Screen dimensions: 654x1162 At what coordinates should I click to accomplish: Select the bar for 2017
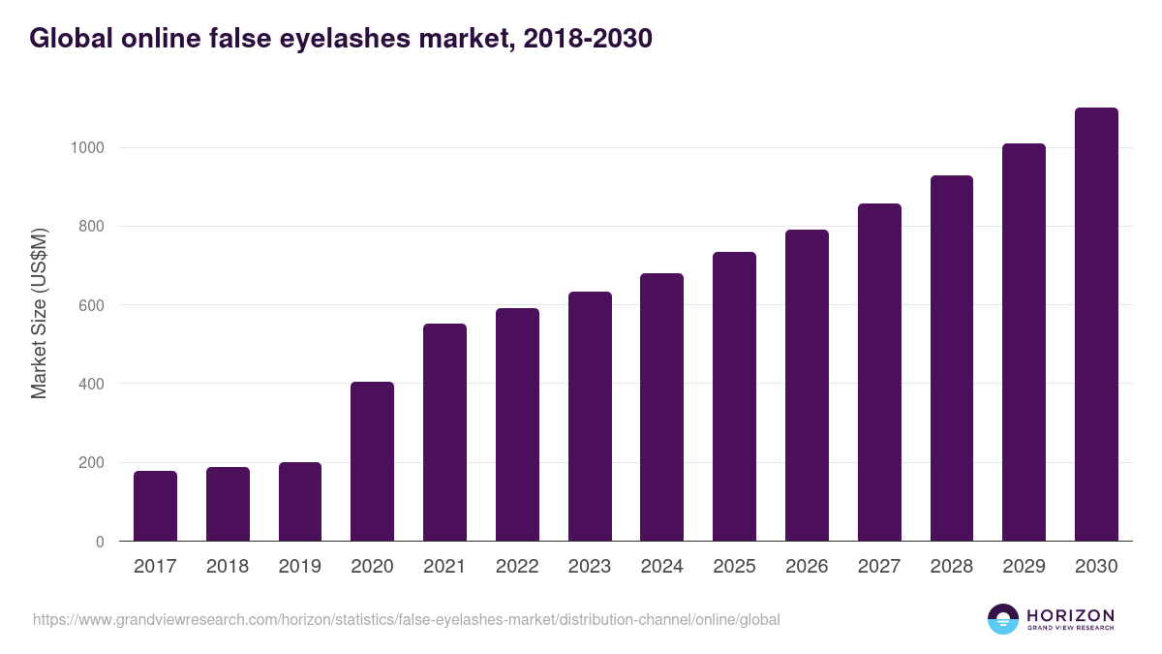tap(155, 506)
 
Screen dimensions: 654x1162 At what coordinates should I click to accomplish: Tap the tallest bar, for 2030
tap(1096, 325)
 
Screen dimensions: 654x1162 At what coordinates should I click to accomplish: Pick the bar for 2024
tap(661, 407)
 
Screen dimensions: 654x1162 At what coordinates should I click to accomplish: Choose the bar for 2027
tap(879, 372)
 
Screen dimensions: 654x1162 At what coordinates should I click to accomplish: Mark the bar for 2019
tap(299, 502)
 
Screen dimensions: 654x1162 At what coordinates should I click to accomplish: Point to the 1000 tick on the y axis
tap(86, 148)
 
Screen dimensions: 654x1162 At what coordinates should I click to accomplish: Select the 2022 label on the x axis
tap(517, 567)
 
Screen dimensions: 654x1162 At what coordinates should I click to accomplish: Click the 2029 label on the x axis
tap(1024, 567)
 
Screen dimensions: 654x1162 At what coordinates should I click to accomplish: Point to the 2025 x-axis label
tap(734, 567)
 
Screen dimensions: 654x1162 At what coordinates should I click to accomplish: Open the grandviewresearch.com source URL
tap(406, 619)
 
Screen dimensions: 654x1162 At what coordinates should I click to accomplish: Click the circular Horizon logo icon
tap(1002, 619)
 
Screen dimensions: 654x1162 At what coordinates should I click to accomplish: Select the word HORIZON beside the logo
tap(1070, 615)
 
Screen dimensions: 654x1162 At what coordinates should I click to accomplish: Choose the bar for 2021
tap(444, 432)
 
